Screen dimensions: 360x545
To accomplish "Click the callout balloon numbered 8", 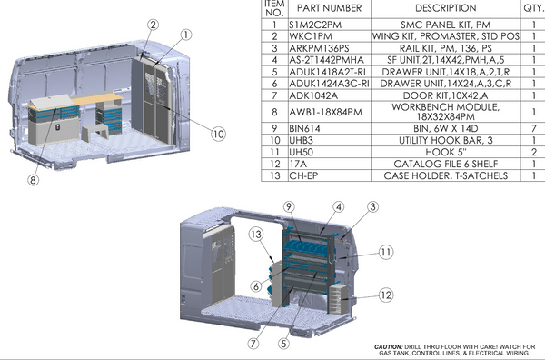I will click(33, 180).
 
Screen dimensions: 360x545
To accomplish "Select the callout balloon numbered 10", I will click(218, 133).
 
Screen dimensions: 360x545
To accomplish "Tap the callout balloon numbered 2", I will click(154, 25).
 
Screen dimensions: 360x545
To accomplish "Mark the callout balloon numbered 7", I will click(254, 344).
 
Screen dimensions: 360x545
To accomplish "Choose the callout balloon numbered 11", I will click(385, 250).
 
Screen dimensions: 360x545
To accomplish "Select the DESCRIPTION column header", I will click(445, 8).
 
